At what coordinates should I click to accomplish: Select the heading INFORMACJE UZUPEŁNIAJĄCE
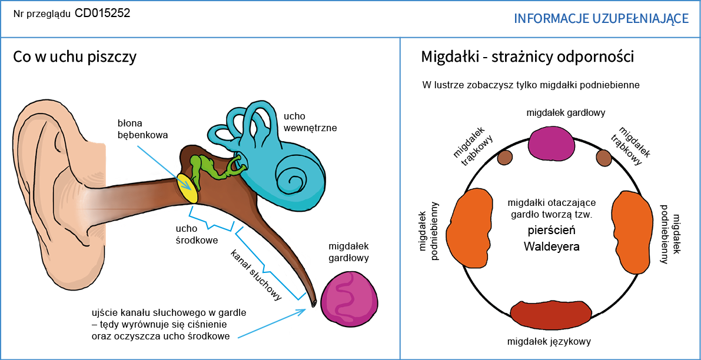tap(601, 19)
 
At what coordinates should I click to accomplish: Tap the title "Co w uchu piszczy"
tap(75, 57)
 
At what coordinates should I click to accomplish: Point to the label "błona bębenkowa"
tap(142, 129)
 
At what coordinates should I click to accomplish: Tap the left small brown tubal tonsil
tap(505, 158)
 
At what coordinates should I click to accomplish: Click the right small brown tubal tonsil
tap(603, 157)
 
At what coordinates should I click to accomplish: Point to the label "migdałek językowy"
tap(549, 342)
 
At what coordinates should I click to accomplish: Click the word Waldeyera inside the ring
tap(552, 246)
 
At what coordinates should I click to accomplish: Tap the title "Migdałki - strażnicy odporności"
tap(527, 57)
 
